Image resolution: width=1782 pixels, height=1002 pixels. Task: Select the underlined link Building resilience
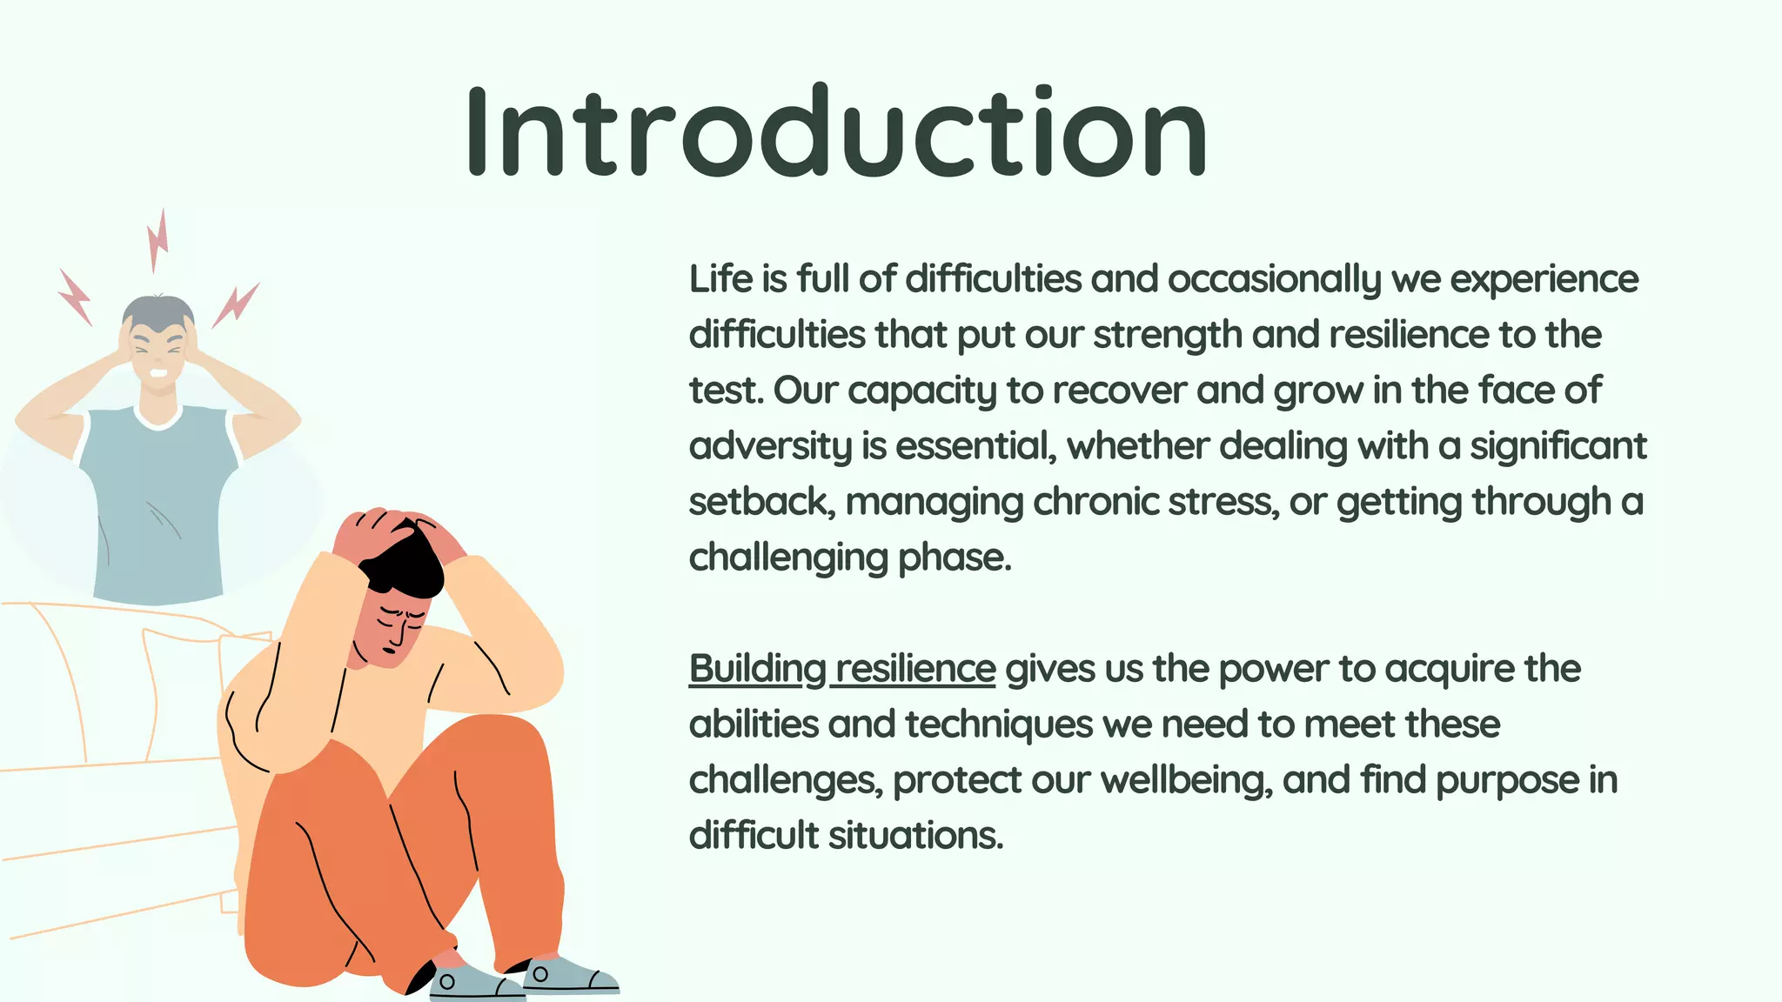click(x=841, y=669)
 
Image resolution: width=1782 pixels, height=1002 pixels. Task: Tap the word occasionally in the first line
click(x=1274, y=280)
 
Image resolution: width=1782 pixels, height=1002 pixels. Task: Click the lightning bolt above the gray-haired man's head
click(x=158, y=239)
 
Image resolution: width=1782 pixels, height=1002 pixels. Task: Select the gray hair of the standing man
click(x=158, y=311)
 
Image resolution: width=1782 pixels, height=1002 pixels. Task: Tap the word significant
click(x=1558, y=447)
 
